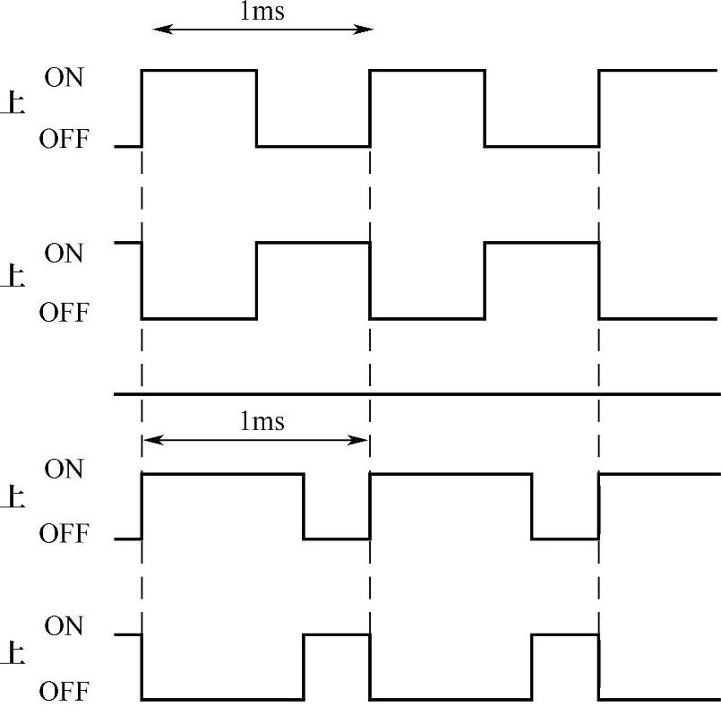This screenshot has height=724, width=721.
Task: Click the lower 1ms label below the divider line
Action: click(262, 421)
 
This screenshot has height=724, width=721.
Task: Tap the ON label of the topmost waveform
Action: click(64, 78)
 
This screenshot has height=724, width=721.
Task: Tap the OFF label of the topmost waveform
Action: click(64, 140)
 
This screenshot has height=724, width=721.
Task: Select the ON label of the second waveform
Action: click(64, 254)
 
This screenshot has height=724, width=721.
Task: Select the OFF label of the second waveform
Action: click(64, 314)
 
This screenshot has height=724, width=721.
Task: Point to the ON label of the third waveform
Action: click(64, 469)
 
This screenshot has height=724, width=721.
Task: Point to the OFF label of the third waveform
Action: click(64, 534)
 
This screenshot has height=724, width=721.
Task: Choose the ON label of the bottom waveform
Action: click(64, 625)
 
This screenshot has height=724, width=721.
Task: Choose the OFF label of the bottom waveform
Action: click(64, 692)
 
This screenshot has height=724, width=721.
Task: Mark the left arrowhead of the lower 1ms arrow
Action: click(149, 439)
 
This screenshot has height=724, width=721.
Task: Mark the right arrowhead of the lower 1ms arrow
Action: click(363, 439)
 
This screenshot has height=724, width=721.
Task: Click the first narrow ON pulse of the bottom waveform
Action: click(337, 635)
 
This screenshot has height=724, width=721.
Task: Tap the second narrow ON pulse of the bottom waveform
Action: click(564, 635)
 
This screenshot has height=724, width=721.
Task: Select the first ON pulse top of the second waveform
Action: click(313, 242)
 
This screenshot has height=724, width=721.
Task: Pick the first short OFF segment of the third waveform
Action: click(337, 539)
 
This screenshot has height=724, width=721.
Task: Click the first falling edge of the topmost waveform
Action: click(257, 108)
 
